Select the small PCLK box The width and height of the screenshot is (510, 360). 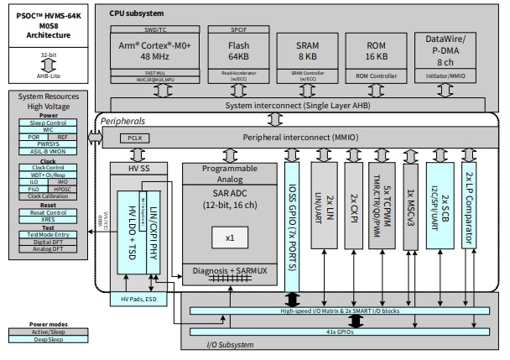(133, 137)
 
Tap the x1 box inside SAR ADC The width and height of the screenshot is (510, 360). (230, 237)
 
